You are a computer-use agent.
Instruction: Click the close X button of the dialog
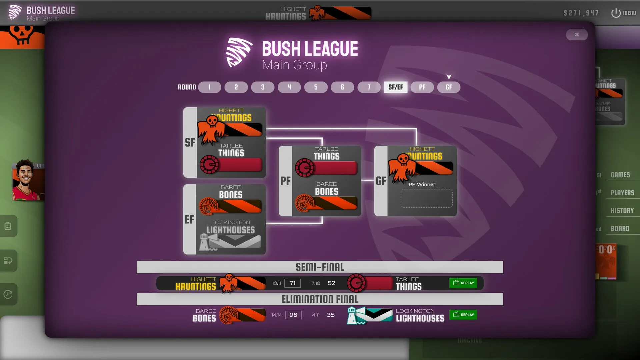point(577,35)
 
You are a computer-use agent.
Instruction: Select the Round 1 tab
point(209,87)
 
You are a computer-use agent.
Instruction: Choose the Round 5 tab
point(316,87)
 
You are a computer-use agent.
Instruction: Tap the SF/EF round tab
point(395,87)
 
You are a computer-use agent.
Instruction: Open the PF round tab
point(422,87)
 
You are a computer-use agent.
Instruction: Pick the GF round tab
point(449,87)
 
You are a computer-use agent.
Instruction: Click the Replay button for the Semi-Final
point(463,283)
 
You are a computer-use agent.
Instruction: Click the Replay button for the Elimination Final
point(463,315)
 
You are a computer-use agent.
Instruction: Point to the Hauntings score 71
point(292,283)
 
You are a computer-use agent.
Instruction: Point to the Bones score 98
point(293,315)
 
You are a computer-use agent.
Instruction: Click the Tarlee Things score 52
point(331,283)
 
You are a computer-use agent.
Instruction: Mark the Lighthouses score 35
point(331,315)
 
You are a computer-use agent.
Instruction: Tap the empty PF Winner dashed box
point(426,198)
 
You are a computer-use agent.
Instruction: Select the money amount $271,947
point(581,13)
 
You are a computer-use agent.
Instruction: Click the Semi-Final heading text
point(320,267)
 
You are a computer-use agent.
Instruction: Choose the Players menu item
point(622,193)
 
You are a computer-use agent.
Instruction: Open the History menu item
point(622,211)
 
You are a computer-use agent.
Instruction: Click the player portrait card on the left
point(28,180)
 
